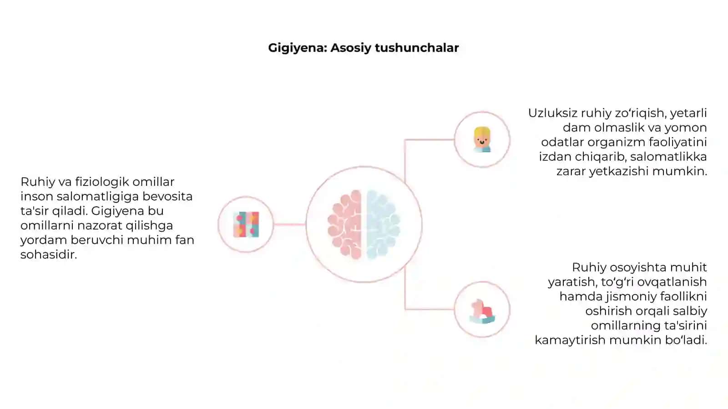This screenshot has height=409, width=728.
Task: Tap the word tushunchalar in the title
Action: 417,48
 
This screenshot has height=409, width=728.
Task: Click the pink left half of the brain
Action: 345,224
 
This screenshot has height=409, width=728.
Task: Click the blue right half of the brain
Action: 383,224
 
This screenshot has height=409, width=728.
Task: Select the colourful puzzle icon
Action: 246,224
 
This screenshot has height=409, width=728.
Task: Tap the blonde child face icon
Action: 482,140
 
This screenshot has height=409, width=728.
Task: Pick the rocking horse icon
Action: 482,311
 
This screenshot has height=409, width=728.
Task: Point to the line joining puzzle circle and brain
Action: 289,224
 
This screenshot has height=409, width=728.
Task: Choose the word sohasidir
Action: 49,254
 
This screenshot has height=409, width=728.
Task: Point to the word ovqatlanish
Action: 672,282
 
